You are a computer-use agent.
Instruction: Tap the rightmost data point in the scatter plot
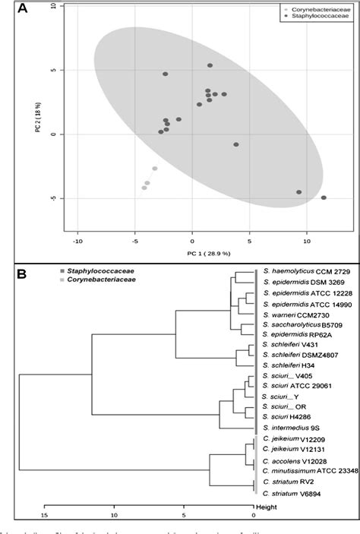point(324,197)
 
